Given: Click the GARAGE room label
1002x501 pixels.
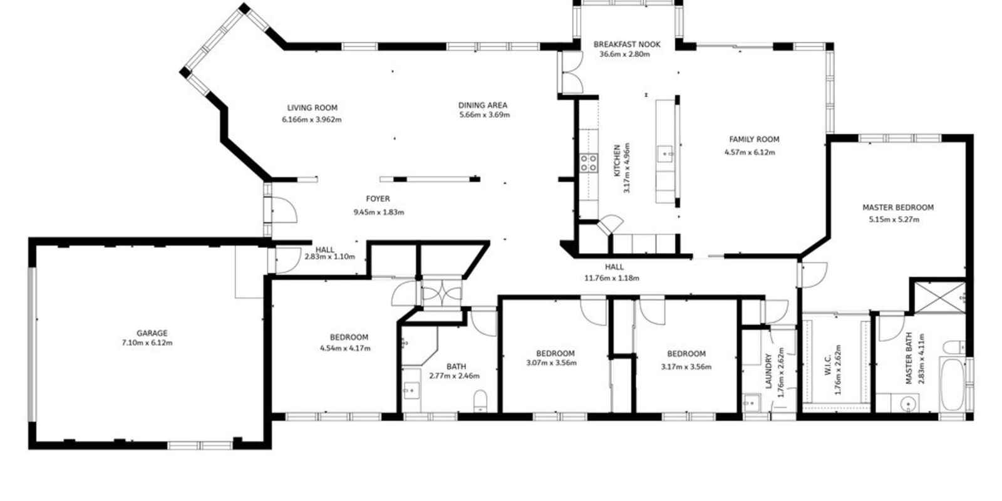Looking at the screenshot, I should tap(152, 333).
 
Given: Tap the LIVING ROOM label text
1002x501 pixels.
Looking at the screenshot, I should tap(312, 108).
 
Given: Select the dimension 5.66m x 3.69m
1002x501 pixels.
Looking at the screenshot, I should tap(484, 115).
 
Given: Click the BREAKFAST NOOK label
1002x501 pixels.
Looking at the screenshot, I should tap(627, 44).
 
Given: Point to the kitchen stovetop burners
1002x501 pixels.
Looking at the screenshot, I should tap(588, 163).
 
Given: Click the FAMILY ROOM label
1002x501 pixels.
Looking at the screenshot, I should tap(754, 140).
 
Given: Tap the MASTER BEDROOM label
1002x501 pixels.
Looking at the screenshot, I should tap(897, 207).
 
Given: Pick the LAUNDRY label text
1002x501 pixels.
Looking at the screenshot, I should tap(769, 371).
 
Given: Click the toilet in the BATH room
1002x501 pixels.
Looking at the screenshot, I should tap(480, 400).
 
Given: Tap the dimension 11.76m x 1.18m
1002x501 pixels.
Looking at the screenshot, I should tap(612, 278).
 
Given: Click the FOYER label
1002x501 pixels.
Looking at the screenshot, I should tap(378, 199).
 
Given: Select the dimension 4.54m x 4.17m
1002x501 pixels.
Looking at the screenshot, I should tap(345, 348).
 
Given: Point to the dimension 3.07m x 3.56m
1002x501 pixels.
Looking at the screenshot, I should tap(551, 363).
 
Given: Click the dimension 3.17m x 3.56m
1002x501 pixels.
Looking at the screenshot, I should tap(686, 367).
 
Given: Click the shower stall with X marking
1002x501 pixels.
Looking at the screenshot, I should tap(938, 296).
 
